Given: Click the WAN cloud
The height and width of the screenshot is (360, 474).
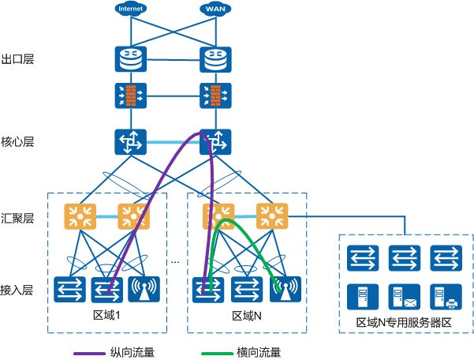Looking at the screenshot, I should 213,9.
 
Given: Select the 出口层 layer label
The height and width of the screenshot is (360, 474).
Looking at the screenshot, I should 17,59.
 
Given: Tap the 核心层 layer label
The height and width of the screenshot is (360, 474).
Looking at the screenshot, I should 17,142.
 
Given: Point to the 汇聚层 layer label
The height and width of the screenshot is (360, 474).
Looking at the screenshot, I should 17,219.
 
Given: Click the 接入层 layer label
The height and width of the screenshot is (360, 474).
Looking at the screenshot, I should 17,290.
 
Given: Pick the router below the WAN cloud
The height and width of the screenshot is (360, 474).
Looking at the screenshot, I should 213,59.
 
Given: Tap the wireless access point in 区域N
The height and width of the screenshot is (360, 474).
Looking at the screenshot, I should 282,290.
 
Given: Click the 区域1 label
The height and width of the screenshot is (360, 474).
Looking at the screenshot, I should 108,316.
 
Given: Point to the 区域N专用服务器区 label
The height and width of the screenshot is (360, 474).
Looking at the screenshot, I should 404,323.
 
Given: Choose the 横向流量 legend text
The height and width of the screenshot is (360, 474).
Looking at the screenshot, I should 259,352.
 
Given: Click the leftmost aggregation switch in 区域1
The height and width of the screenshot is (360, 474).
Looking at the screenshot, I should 78,214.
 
